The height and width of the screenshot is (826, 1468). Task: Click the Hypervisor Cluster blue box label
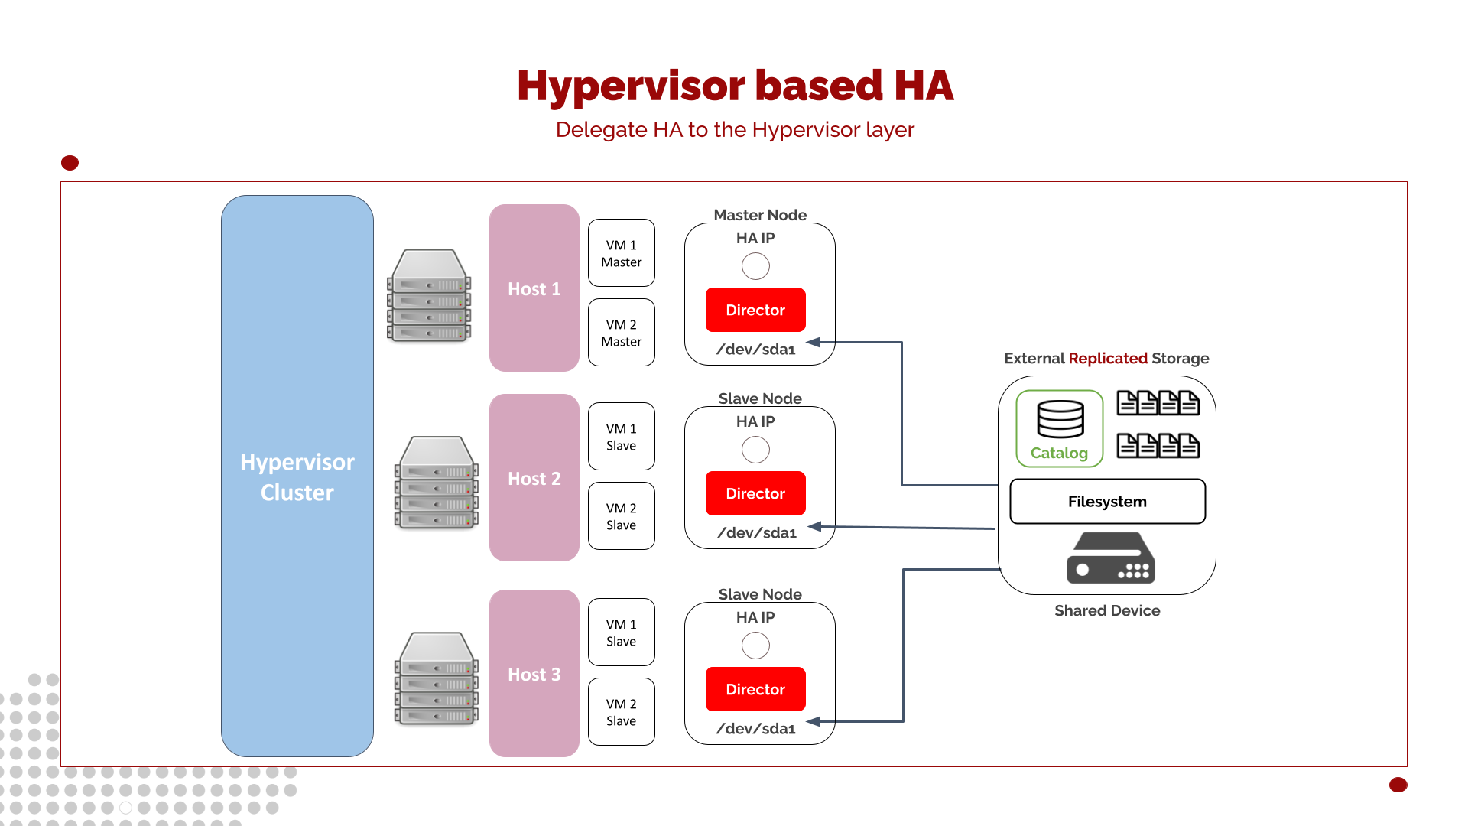click(297, 476)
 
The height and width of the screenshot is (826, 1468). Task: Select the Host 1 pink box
click(534, 288)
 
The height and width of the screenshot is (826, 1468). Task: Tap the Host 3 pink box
click(534, 674)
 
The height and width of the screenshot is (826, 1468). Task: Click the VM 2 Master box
click(621, 333)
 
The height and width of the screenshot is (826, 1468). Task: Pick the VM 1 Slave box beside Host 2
click(621, 437)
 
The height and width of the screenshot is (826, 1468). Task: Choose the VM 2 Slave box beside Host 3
click(621, 712)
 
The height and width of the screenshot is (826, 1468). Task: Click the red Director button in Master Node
click(755, 310)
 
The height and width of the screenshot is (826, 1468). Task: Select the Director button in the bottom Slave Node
click(755, 689)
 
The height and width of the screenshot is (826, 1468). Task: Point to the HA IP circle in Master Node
click(755, 266)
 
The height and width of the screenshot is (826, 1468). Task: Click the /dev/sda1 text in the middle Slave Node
click(757, 533)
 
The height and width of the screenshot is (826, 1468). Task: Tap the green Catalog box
click(1059, 429)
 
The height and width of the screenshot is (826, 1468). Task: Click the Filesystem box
click(1107, 502)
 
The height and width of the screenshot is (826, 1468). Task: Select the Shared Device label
click(1107, 610)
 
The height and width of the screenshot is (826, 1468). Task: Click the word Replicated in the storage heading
click(1108, 358)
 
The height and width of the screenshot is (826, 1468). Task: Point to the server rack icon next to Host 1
click(429, 296)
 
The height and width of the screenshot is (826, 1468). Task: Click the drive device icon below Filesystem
click(1111, 558)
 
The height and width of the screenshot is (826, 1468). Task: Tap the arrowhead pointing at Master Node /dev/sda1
click(814, 343)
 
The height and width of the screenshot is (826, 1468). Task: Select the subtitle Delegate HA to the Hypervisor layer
click(735, 130)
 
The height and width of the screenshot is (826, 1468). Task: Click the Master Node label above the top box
click(760, 215)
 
